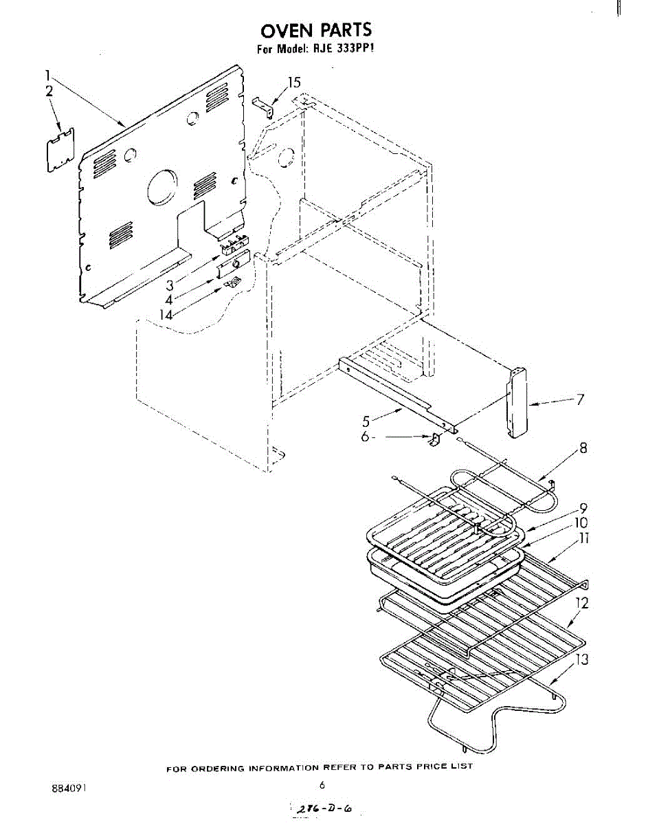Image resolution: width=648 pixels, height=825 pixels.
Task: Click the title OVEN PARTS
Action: (315, 30)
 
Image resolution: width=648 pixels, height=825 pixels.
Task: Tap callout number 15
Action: (293, 83)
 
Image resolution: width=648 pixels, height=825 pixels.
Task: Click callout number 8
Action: (583, 449)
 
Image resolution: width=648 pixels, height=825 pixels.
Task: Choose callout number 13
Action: (582, 660)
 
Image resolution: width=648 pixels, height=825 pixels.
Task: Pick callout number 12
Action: (581, 604)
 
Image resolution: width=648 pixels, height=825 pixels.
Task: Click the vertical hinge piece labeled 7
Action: (517, 403)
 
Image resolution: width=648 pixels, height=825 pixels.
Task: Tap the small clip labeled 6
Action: (434, 440)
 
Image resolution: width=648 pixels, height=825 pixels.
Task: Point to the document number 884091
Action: (69, 786)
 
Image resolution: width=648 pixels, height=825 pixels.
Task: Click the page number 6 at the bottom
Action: (322, 784)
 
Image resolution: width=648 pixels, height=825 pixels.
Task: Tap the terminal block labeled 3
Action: (233, 241)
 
